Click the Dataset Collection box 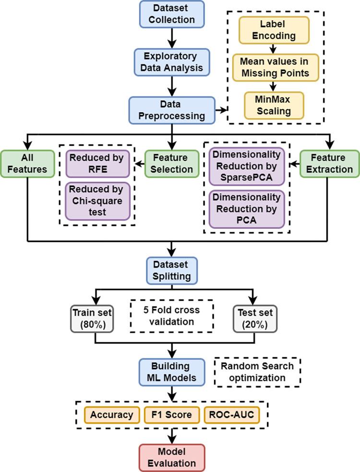[172, 14]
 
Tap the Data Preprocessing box [172, 110]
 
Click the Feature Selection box [172, 163]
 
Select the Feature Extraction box [329, 163]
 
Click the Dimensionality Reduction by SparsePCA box [247, 167]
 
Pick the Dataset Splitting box [172, 270]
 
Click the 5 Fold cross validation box [172, 317]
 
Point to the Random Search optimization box [257, 372]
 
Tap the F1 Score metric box [168, 414]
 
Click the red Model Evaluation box [172, 458]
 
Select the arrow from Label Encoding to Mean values [273, 48]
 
